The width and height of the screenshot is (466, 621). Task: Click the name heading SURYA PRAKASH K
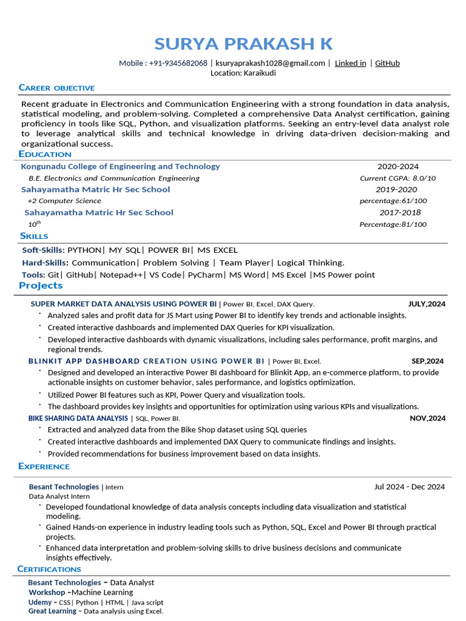coord(243,44)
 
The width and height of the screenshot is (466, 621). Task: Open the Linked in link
coord(350,63)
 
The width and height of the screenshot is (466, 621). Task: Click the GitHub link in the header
coord(387,63)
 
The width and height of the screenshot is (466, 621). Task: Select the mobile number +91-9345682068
coord(178,63)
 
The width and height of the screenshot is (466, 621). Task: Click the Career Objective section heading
coord(56,88)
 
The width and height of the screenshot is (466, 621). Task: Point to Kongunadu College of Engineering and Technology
coord(120,166)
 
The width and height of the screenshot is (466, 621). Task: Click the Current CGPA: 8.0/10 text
coord(397,178)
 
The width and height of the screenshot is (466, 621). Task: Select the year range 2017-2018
coord(400,213)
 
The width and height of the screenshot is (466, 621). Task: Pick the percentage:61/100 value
coord(393,201)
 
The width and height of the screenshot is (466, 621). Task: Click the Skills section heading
coord(34,236)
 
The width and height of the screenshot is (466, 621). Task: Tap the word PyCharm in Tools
coord(205,275)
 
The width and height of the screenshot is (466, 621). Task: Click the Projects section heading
coord(41,286)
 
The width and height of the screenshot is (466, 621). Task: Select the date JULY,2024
coord(427,304)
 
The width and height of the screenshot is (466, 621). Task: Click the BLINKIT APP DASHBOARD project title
coord(146,361)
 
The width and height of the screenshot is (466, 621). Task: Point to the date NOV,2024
coord(427,418)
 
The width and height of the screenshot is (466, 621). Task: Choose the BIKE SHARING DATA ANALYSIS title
coord(78,418)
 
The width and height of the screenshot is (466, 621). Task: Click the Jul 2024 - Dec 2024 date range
coord(410,486)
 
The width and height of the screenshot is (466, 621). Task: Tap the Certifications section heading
coord(49,569)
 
